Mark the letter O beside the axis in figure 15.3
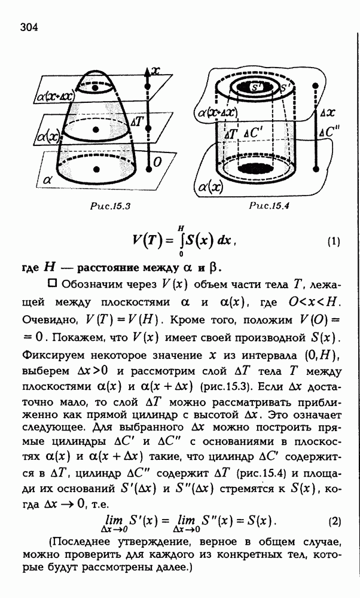pos(157,161)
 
